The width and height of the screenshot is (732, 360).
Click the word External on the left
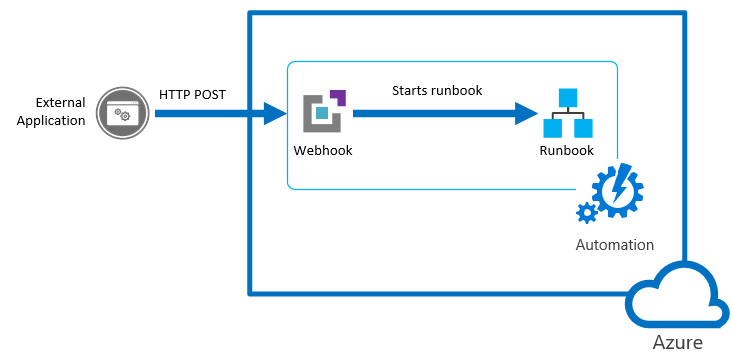point(60,102)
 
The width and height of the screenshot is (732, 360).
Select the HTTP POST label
point(192,94)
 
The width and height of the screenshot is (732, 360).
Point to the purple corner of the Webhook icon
point(337,97)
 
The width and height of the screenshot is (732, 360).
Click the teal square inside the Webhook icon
point(321,114)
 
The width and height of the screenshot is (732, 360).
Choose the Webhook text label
point(323,150)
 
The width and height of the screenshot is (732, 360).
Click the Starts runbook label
point(437,91)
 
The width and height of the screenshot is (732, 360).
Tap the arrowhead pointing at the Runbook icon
point(526,113)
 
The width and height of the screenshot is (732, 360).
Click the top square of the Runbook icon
point(568,97)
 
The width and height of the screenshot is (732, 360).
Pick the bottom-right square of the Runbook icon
point(583,129)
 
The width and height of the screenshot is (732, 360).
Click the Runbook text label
point(567,150)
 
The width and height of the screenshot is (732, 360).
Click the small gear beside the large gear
point(586,211)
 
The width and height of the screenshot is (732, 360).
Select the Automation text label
point(614,245)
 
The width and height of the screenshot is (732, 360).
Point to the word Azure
point(677,343)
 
